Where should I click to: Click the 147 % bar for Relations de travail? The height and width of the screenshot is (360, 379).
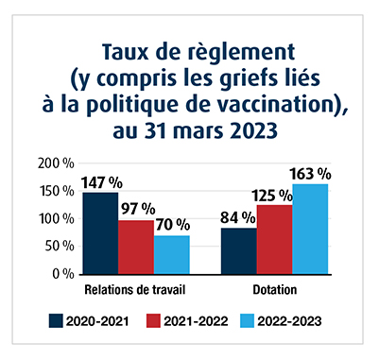[100, 232]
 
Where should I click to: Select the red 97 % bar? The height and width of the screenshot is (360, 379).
[136, 247]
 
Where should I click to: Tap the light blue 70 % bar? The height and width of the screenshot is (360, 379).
[172, 254]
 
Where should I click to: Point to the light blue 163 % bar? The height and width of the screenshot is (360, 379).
[311, 229]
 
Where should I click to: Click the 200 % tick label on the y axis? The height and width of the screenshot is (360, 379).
[57, 163]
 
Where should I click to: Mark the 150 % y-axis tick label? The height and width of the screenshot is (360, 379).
[57, 191]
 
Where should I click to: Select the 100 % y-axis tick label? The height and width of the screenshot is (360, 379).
[57, 219]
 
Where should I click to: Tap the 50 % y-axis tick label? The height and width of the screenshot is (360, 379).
[60, 247]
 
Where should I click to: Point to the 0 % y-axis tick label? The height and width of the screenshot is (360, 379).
[64, 274]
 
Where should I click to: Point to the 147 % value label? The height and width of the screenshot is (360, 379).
[100, 182]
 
